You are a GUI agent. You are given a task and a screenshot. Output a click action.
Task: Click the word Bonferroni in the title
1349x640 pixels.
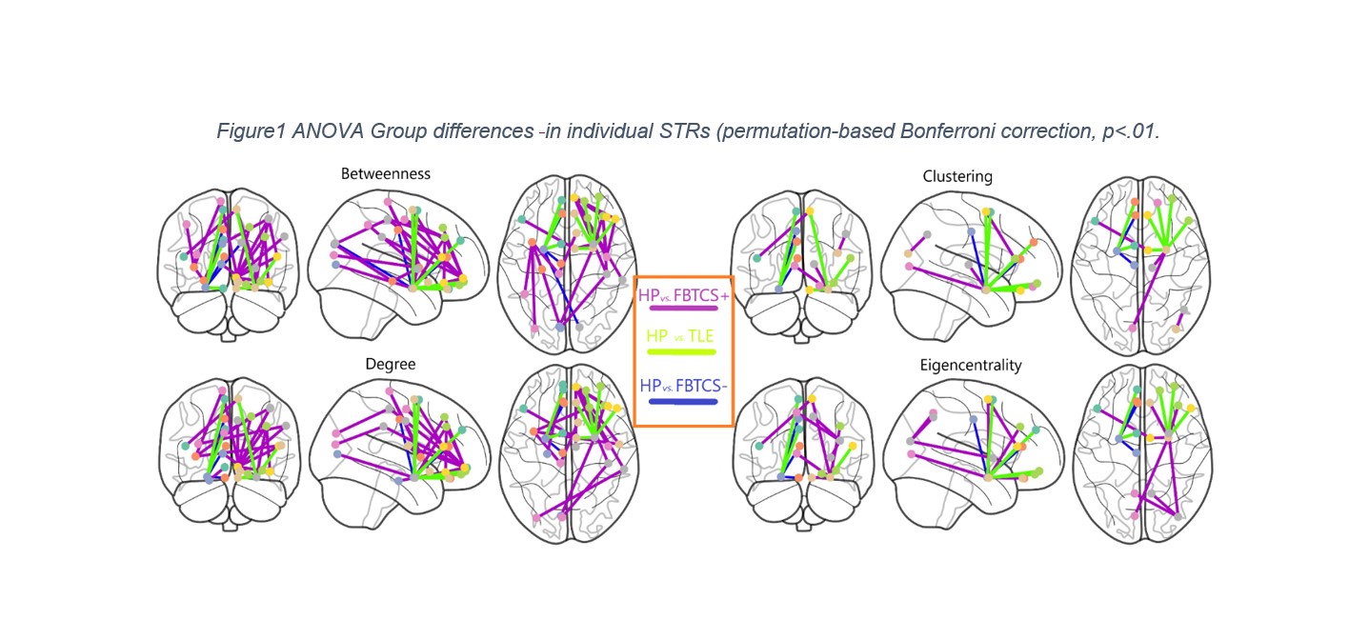(x=949, y=131)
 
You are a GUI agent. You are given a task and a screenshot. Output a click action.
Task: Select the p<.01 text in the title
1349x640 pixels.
(x=1131, y=131)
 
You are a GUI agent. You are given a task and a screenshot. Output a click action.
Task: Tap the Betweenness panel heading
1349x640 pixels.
(x=386, y=174)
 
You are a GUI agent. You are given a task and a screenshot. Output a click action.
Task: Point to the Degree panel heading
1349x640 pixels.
(x=391, y=364)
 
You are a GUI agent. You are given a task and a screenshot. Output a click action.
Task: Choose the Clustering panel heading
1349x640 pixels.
(x=957, y=176)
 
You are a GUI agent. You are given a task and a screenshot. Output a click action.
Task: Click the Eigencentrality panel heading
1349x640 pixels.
(x=971, y=365)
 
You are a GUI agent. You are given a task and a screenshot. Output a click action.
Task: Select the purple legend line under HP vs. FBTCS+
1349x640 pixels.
(x=682, y=308)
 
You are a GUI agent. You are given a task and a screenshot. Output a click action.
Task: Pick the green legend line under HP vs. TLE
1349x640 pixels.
(x=681, y=351)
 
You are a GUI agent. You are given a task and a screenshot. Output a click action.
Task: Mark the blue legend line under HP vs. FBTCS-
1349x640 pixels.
(x=682, y=402)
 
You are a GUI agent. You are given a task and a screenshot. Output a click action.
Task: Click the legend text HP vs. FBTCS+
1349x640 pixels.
(x=683, y=295)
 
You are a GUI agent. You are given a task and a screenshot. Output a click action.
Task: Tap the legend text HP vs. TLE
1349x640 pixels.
(x=679, y=336)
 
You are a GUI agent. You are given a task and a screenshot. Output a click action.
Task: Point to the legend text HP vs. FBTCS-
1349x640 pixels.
(x=683, y=386)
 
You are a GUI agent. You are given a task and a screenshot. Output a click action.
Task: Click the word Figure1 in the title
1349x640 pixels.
(x=251, y=131)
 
